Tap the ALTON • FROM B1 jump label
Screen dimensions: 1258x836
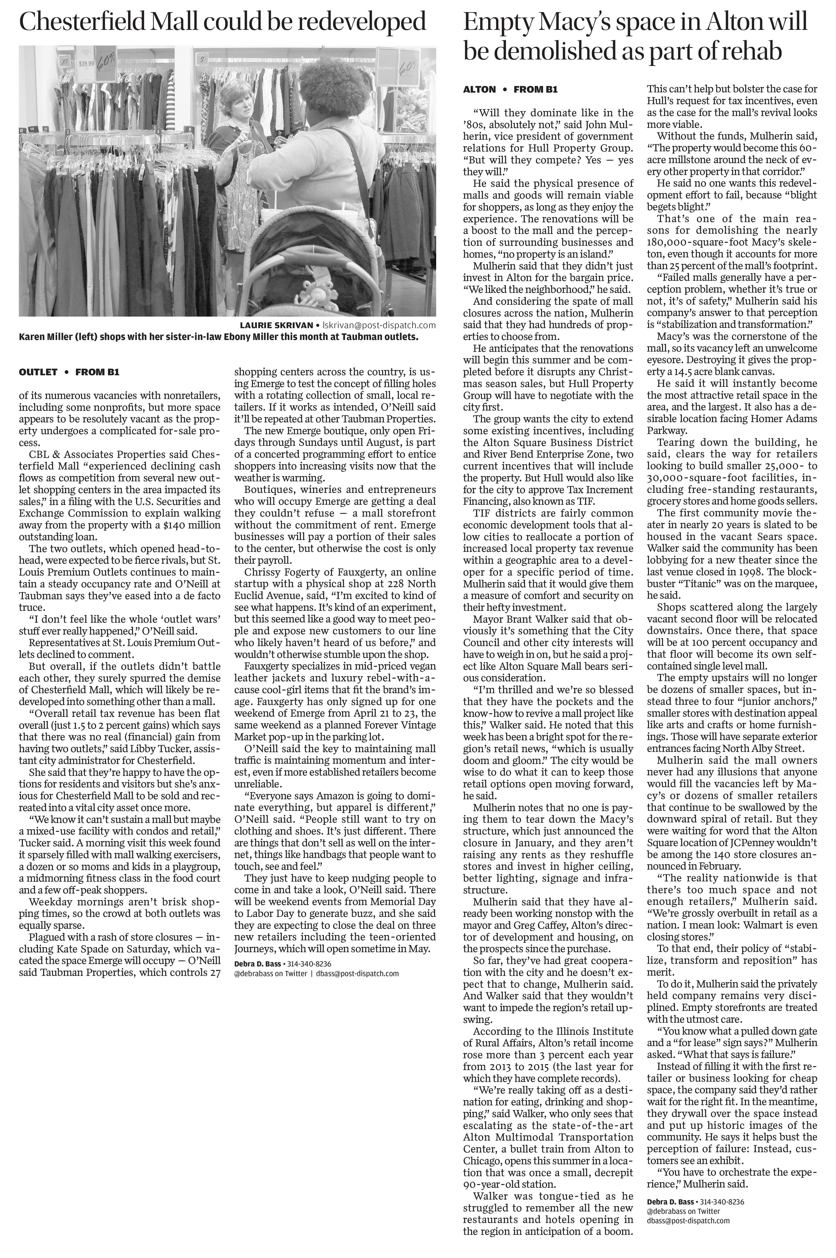(510, 90)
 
